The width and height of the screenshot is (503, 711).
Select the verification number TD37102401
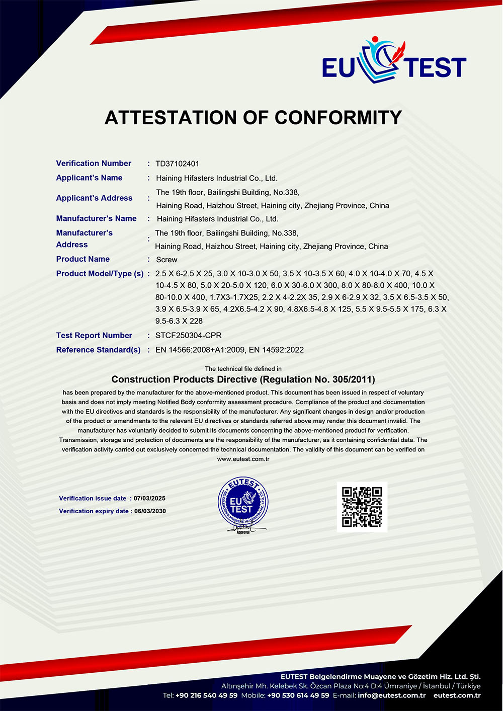177,164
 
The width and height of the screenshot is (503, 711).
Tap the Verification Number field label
94,164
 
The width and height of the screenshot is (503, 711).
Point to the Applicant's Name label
89,178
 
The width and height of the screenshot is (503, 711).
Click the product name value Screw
166,260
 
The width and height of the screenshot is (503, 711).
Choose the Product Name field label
82,259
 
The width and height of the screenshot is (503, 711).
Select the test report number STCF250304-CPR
189,336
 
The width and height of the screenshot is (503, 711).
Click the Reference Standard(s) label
98,350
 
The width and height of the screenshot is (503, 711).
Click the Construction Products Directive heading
243,379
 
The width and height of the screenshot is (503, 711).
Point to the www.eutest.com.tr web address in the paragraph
243,459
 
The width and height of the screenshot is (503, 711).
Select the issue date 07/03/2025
149,499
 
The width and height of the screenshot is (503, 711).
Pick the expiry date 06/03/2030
150,511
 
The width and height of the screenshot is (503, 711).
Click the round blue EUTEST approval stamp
243,505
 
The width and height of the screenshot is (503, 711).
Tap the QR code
362,507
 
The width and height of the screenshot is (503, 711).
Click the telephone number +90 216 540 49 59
206,695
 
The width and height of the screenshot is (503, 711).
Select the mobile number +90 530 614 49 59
298,695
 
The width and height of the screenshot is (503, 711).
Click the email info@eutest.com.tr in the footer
391,695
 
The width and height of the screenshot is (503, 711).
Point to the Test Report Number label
94,336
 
